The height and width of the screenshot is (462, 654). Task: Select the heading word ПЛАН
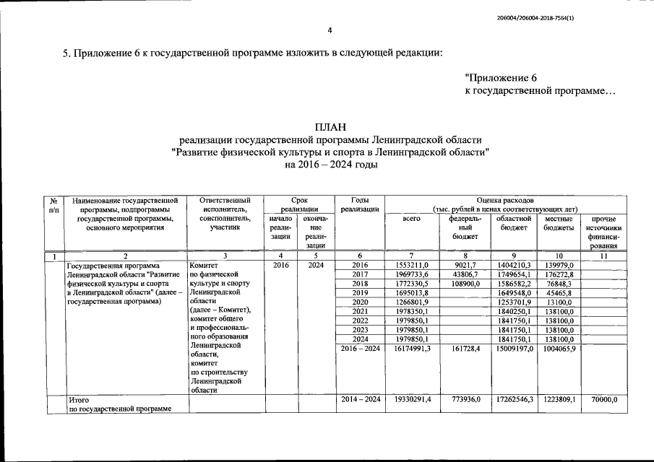(330, 127)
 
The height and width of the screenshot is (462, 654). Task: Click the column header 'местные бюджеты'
(559, 223)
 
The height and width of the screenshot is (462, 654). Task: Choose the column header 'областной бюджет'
(515, 223)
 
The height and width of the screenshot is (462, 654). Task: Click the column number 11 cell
(603, 256)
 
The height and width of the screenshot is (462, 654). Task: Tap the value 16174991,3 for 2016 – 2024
(412, 349)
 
